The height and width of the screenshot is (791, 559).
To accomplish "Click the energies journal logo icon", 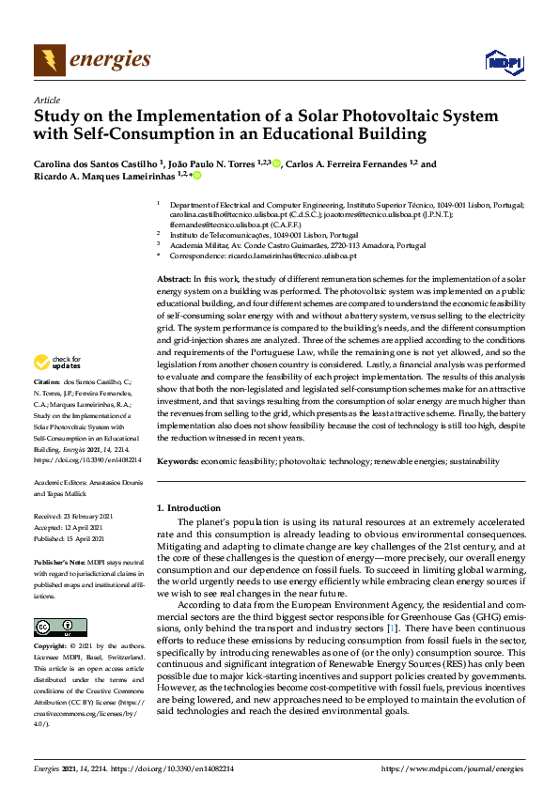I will pos(50,61).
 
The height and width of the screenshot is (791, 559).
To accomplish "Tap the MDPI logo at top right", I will pos(504,61).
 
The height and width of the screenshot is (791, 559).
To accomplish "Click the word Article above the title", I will pos(46,100).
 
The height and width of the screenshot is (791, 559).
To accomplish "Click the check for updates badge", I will pos(58,362).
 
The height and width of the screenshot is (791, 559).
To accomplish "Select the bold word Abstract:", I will pos(173,280).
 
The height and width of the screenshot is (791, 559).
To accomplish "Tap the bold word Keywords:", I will pos(177,461).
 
